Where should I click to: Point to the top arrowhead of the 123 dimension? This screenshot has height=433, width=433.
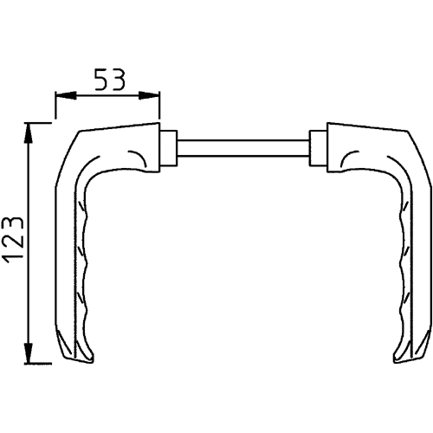30,131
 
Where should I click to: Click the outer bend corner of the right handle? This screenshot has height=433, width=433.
414,143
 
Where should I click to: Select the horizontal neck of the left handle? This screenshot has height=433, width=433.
121,143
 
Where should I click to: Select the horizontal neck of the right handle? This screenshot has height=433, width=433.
364,143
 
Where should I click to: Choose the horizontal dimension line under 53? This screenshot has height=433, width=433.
108,95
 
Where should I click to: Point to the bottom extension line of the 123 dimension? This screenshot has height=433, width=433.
48,362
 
